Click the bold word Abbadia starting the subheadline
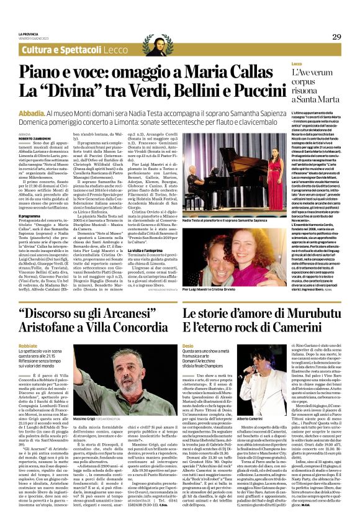[x=32, y=115]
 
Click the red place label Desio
[x=187, y=344]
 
